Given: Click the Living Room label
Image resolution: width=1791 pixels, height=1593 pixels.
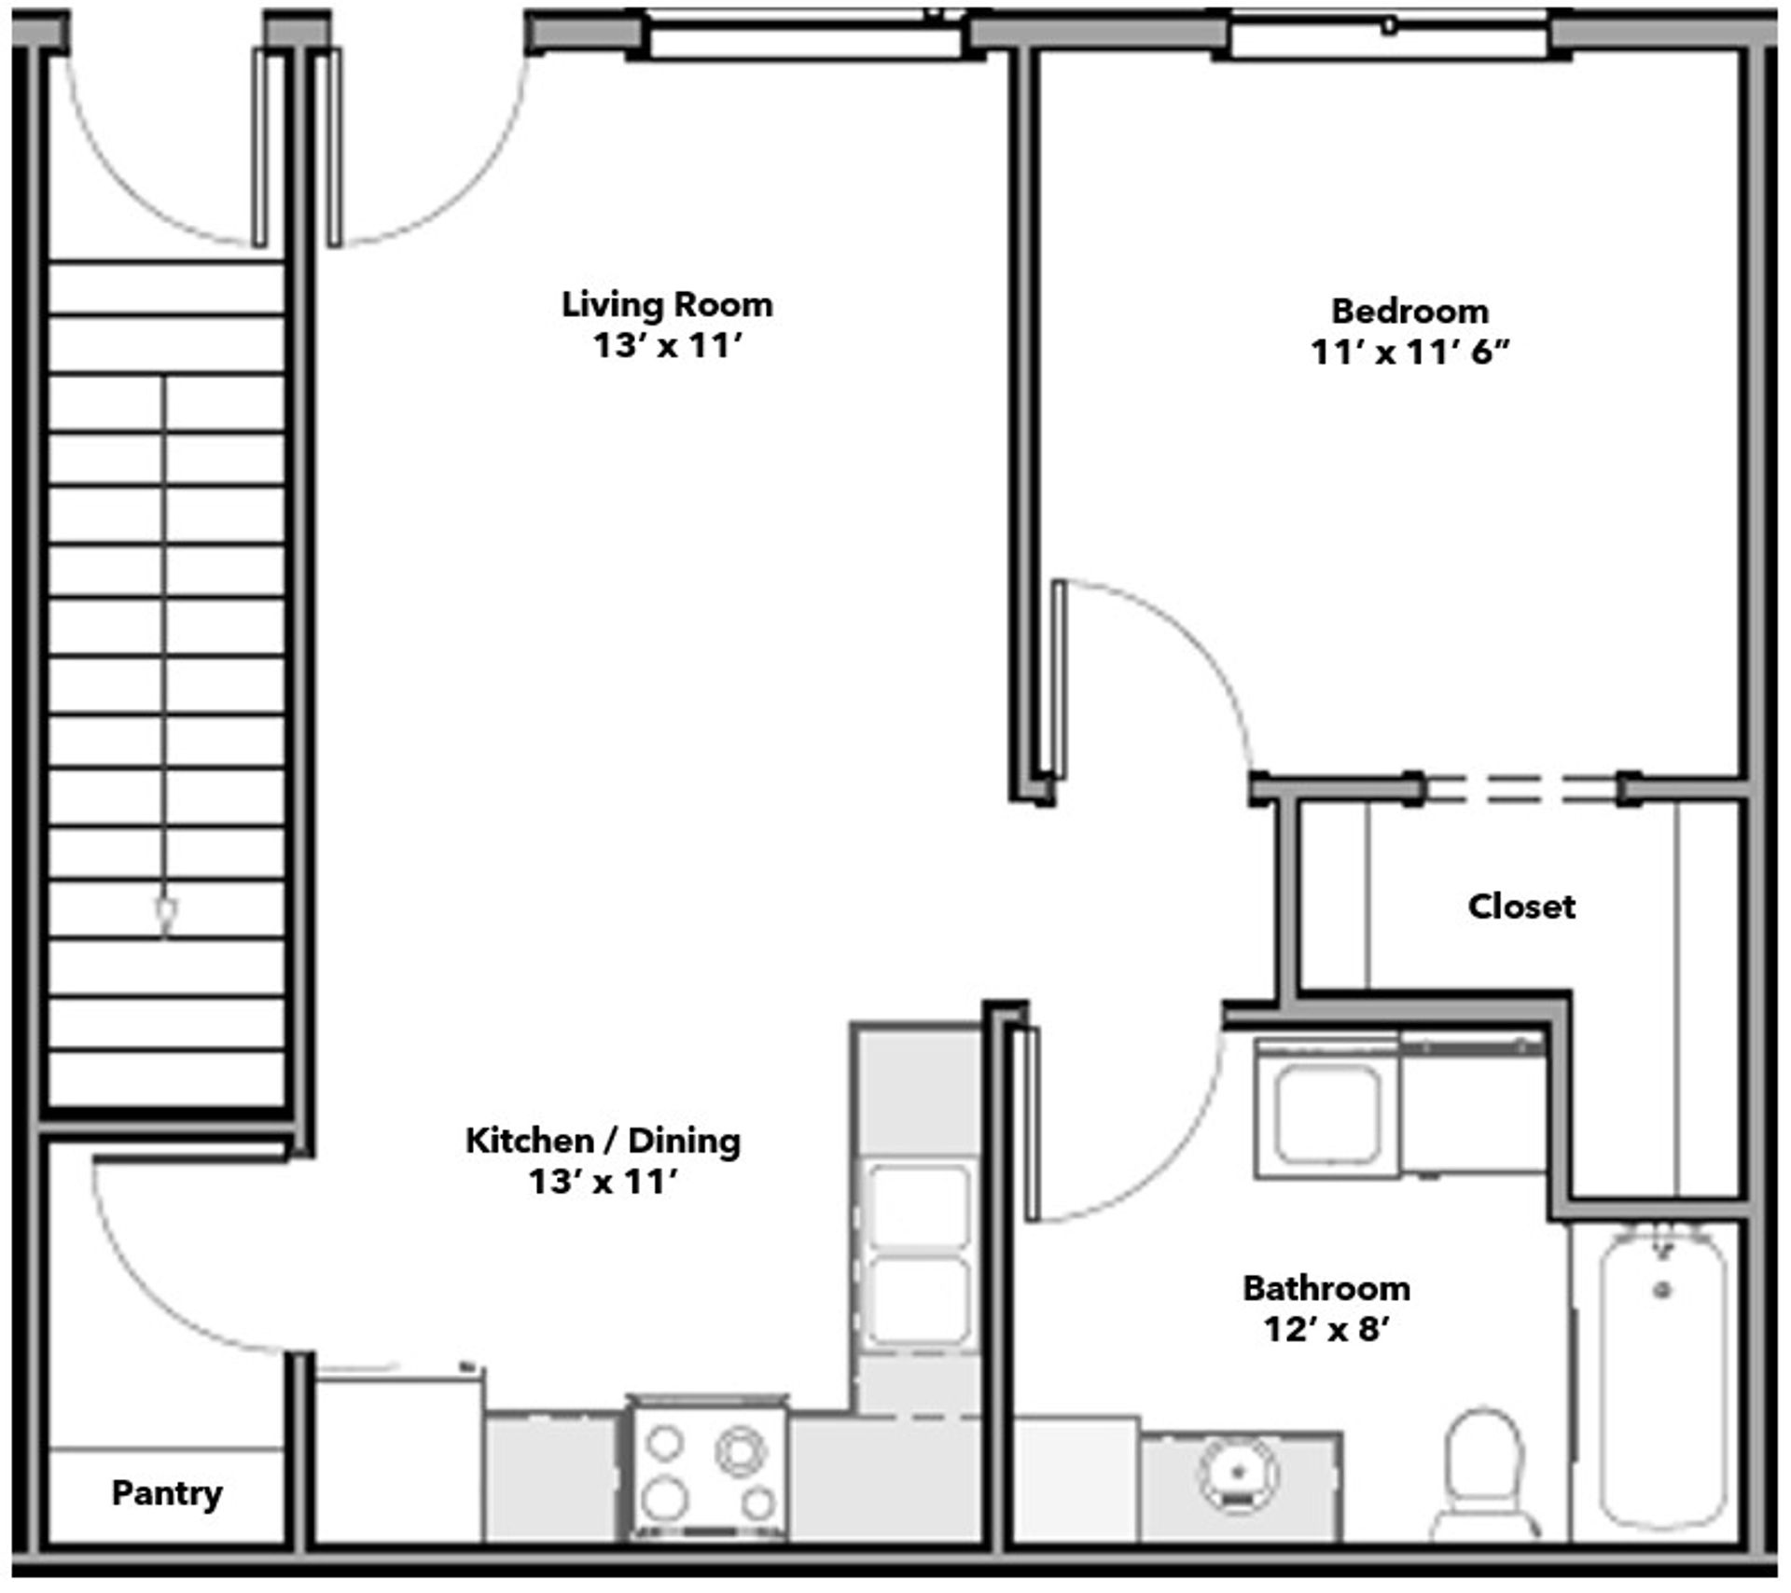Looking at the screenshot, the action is click(667, 305).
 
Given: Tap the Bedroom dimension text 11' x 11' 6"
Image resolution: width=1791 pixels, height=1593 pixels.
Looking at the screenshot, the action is click(1409, 353).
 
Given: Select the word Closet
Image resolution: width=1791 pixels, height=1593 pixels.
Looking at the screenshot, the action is click(1521, 906).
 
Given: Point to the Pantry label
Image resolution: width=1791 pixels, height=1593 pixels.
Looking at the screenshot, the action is click(167, 1493).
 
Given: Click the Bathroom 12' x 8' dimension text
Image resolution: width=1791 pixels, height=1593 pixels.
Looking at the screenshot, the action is click(1327, 1328).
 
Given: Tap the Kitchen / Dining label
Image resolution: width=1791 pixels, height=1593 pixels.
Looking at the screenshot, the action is click(603, 1140).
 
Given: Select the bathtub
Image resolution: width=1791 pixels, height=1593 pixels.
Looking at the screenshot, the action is click(1662, 1381).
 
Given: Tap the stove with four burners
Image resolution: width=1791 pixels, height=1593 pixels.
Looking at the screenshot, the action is click(708, 1468).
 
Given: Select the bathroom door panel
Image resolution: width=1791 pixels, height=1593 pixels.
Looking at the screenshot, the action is click(1032, 1124).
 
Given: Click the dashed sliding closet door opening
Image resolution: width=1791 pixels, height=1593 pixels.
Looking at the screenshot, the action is click(1521, 789).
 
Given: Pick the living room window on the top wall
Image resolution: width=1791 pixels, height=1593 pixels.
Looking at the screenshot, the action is click(807, 35).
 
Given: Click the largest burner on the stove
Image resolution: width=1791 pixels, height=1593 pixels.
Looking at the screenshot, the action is click(741, 1450).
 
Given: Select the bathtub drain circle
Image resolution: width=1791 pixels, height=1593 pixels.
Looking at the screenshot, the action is click(1662, 1292).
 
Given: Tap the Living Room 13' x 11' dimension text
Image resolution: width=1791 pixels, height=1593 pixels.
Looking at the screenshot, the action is click(668, 346).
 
